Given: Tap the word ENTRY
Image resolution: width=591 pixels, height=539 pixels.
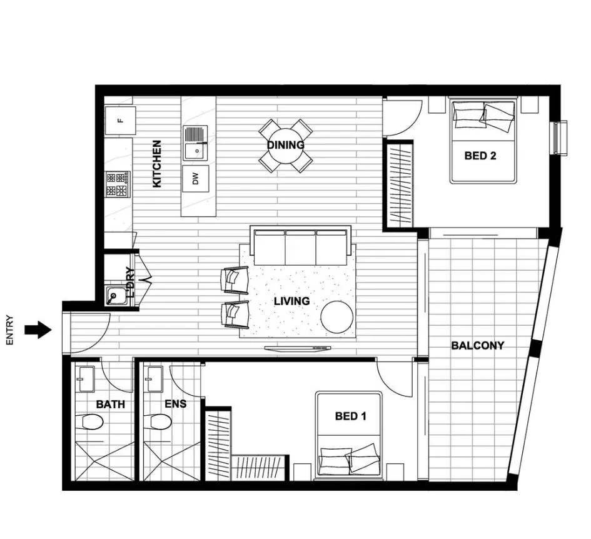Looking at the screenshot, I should point(9,330).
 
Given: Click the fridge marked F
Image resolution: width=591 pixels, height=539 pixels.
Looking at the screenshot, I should point(119,121).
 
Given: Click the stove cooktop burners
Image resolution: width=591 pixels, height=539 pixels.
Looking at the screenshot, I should point(118,184).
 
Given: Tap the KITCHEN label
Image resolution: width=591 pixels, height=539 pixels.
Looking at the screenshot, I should point(156,163).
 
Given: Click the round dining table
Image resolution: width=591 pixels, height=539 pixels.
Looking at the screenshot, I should point(286,146).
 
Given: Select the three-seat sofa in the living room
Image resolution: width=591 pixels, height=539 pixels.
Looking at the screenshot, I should point(300,246).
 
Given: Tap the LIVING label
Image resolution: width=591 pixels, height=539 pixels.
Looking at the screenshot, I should point(291,301).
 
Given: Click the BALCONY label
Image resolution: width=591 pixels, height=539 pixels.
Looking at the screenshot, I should point(477,345).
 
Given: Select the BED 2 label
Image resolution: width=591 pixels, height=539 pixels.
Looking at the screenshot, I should point(480,156).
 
